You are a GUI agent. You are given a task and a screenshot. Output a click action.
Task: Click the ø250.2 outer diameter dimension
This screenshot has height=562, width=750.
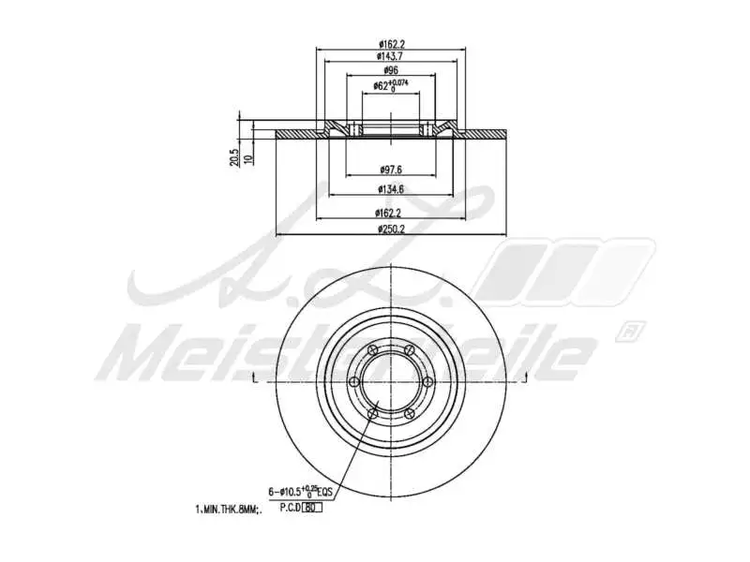tap(390, 229)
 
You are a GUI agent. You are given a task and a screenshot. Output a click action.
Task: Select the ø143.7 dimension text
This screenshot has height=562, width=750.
tap(391, 56)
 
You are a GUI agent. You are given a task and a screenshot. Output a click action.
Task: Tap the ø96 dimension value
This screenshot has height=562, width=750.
tap(390, 70)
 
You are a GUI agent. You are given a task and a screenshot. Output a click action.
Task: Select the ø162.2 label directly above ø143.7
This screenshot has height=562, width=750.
tap(391, 43)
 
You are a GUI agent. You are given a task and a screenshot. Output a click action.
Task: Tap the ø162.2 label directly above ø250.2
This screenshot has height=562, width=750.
tap(390, 213)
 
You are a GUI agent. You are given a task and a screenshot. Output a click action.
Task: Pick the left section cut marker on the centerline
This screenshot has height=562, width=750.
tap(255, 377)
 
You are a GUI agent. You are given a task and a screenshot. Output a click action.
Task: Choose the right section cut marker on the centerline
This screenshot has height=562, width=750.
tap(526, 377)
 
